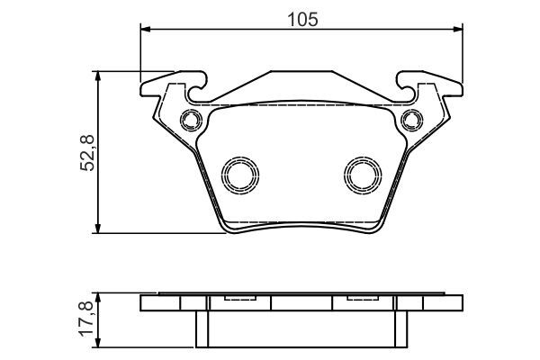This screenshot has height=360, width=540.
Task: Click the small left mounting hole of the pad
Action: point(189,119)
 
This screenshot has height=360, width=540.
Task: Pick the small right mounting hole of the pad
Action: point(413,119)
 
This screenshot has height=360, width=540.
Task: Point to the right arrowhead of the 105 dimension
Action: point(459,31)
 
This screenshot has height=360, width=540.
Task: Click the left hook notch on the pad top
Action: point(196,90)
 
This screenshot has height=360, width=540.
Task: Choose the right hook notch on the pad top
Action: point(408,90)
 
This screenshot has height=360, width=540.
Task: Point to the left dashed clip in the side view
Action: point(238,300)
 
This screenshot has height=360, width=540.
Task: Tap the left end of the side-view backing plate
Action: point(144,303)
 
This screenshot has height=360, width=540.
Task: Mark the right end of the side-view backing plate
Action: point(461,303)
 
